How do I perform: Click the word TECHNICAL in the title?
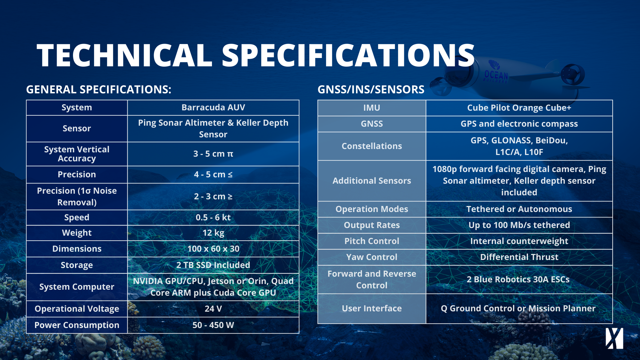tap(124, 55)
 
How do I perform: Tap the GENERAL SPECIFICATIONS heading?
tap(99, 89)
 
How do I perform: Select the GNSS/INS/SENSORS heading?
tap(371, 89)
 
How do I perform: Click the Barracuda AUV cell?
tap(213, 107)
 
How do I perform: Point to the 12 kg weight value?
tap(213, 233)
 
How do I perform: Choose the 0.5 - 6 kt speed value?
tap(213, 217)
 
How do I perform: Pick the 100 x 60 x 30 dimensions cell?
tap(213, 249)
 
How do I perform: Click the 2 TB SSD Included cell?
tap(213, 265)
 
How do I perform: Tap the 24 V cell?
tap(213, 309)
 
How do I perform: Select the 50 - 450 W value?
tap(213, 325)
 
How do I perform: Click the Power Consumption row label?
tap(77, 325)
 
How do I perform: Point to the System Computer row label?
tap(77, 287)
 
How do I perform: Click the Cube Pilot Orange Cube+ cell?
tap(519, 108)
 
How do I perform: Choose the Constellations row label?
tap(372, 146)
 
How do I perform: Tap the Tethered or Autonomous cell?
tap(519, 209)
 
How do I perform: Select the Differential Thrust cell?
tap(519, 257)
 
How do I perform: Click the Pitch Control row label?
tap(372, 241)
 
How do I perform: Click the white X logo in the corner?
tap(614, 338)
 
